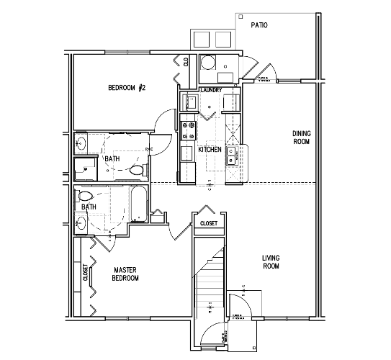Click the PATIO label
point(259,25)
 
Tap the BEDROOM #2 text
point(127,89)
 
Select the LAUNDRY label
point(210,90)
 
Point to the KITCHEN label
point(210,150)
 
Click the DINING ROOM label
point(301,137)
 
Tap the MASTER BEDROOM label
point(125,274)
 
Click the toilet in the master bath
point(86,195)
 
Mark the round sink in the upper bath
point(81,143)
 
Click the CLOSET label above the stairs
point(210,223)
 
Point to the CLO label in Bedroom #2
point(186,62)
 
